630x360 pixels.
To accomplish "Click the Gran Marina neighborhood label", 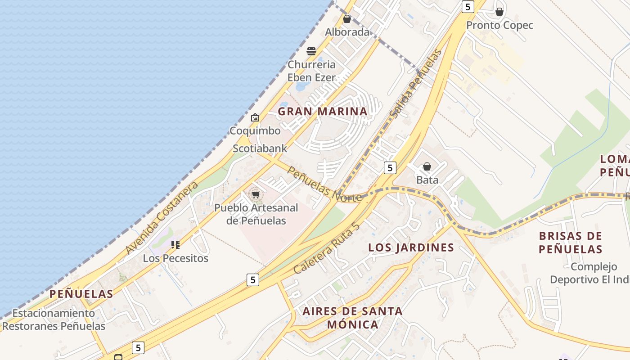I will [322, 111].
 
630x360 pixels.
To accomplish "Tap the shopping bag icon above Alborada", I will [347, 19].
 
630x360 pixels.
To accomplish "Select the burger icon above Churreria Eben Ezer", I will [311, 51].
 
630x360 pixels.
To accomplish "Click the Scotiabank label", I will [260, 148].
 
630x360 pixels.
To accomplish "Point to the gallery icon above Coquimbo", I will [255, 117].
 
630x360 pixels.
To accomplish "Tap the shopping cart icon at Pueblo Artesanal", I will [256, 195].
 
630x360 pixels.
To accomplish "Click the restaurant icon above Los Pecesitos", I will [175, 245].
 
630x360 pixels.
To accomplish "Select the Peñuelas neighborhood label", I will [81, 294].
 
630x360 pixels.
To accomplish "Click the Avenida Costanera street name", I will [162, 218].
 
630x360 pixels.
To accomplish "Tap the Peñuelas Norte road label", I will [324, 185].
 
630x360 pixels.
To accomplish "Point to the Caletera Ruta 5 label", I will [327, 248].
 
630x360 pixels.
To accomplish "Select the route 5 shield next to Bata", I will [390, 168].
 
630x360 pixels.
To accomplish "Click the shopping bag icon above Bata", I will [427, 167].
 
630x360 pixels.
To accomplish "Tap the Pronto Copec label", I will [499, 25].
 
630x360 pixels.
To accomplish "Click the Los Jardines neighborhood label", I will [411, 247].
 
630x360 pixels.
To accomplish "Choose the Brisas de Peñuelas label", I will [571, 243].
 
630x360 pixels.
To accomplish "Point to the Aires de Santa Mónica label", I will [352, 318].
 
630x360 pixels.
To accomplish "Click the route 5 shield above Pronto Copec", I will [468, 6].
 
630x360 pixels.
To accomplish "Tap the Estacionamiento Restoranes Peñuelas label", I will [54, 319].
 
